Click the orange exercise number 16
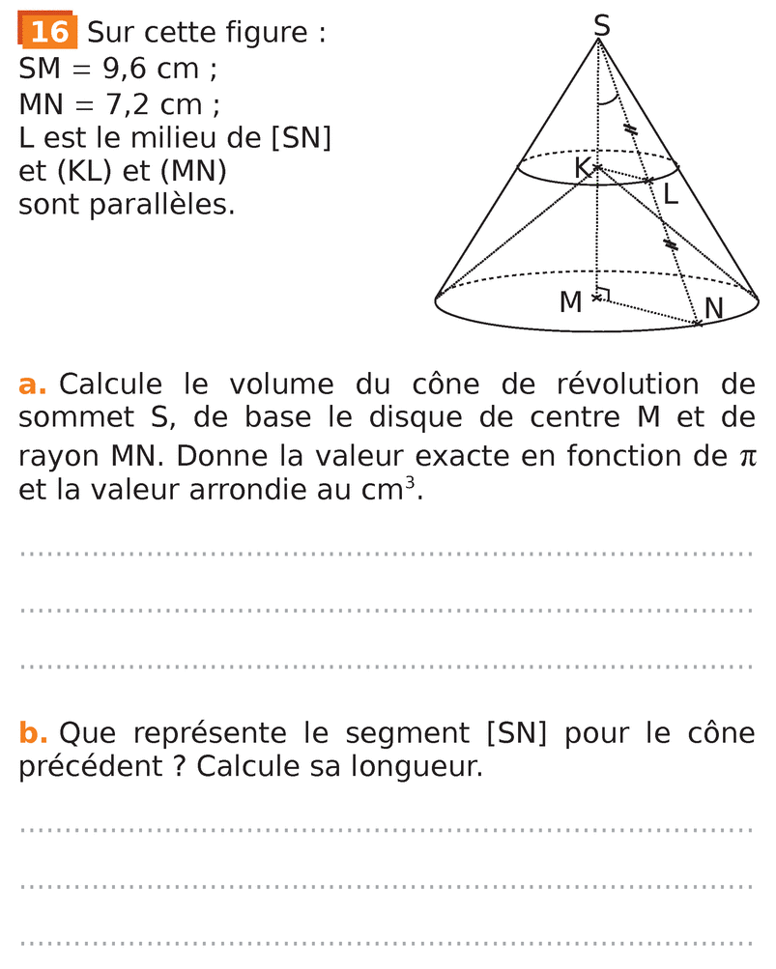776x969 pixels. [x=48, y=32]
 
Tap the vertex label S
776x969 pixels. [x=601, y=25]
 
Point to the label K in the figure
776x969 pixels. [x=582, y=167]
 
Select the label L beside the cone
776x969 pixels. [x=670, y=194]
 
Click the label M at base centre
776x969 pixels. [x=571, y=302]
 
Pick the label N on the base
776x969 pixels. [x=714, y=308]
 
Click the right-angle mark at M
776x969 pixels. [x=603, y=294]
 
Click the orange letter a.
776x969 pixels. [x=32, y=385]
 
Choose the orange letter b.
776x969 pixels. [x=33, y=733]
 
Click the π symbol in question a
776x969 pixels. [x=745, y=455]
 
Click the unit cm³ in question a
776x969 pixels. [x=390, y=489]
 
